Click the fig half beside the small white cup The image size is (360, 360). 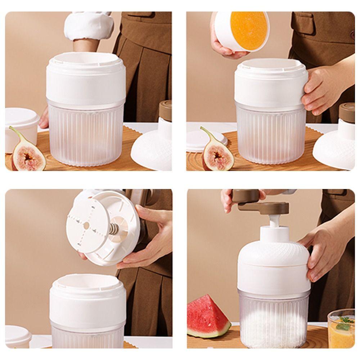coord(28,156)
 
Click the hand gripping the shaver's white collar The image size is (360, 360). coord(320,90)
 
